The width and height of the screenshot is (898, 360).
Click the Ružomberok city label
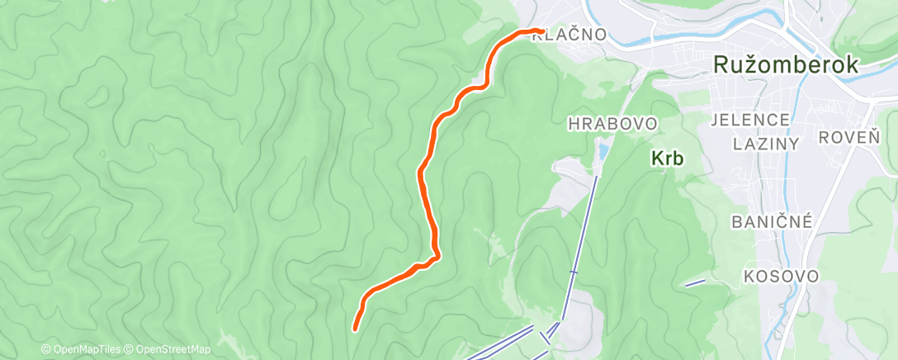coord(788,67)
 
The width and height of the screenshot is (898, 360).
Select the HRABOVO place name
coord(612,124)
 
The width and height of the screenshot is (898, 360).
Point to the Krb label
coord(667,159)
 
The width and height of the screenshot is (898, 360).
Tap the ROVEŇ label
coord(849,138)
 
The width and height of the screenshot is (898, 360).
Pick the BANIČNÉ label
coord(773,221)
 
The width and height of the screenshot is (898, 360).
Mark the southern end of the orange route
coord(356,329)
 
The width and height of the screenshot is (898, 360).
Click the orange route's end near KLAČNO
coord(540,31)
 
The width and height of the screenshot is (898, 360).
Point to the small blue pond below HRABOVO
coord(603,152)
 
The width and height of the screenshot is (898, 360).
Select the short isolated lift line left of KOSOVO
coord(695,282)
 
